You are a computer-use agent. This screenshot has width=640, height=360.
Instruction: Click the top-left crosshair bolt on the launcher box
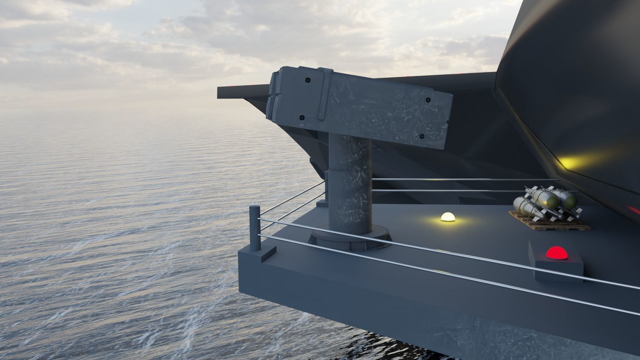click(307, 80)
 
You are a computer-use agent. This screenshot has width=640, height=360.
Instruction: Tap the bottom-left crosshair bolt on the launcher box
click(302, 117)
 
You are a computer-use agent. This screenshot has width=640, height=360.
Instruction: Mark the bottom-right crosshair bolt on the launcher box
click(421, 136)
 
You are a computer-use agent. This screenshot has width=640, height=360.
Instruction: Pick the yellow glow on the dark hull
click(573, 162)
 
